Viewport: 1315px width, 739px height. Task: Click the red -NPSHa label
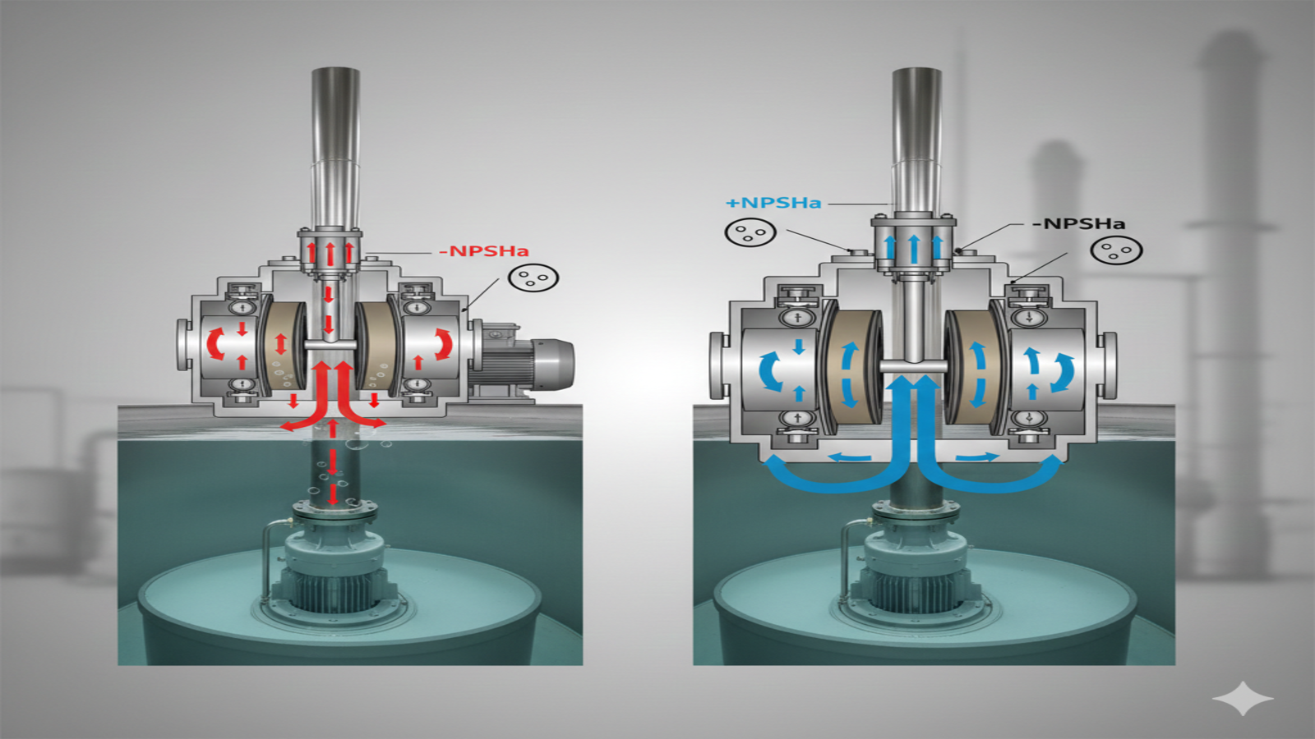click(x=484, y=251)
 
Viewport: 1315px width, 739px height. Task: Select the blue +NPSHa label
click(x=773, y=203)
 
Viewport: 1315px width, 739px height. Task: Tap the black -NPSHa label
click(x=1079, y=223)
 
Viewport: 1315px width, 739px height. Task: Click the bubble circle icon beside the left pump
click(x=533, y=278)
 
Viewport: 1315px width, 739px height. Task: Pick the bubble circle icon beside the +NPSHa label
click(x=751, y=232)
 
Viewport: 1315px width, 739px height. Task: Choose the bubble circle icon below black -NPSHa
click(x=1117, y=250)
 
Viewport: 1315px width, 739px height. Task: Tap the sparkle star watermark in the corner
click(x=1243, y=698)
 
